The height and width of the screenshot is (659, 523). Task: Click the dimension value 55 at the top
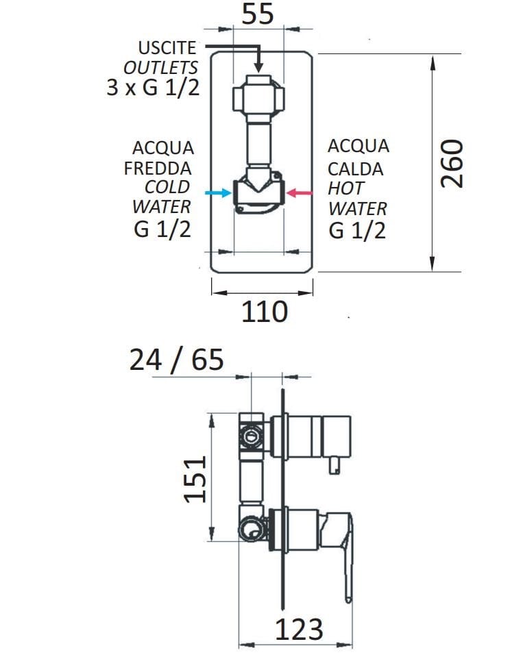coord(258,14)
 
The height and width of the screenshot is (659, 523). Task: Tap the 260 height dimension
coord(452,164)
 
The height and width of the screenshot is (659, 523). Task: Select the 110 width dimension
coord(265,312)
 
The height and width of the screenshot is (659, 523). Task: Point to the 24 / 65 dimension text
coord(177,360)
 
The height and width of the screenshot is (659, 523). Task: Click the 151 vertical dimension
coord(195,480)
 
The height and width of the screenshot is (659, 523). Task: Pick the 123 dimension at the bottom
coord(299,629)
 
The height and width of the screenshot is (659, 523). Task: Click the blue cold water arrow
coord(218,193)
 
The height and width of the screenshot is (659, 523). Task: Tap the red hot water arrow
coord(299,193)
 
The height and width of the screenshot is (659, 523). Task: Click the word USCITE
coord(167,47)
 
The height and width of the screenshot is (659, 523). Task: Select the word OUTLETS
coord(160,68)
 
